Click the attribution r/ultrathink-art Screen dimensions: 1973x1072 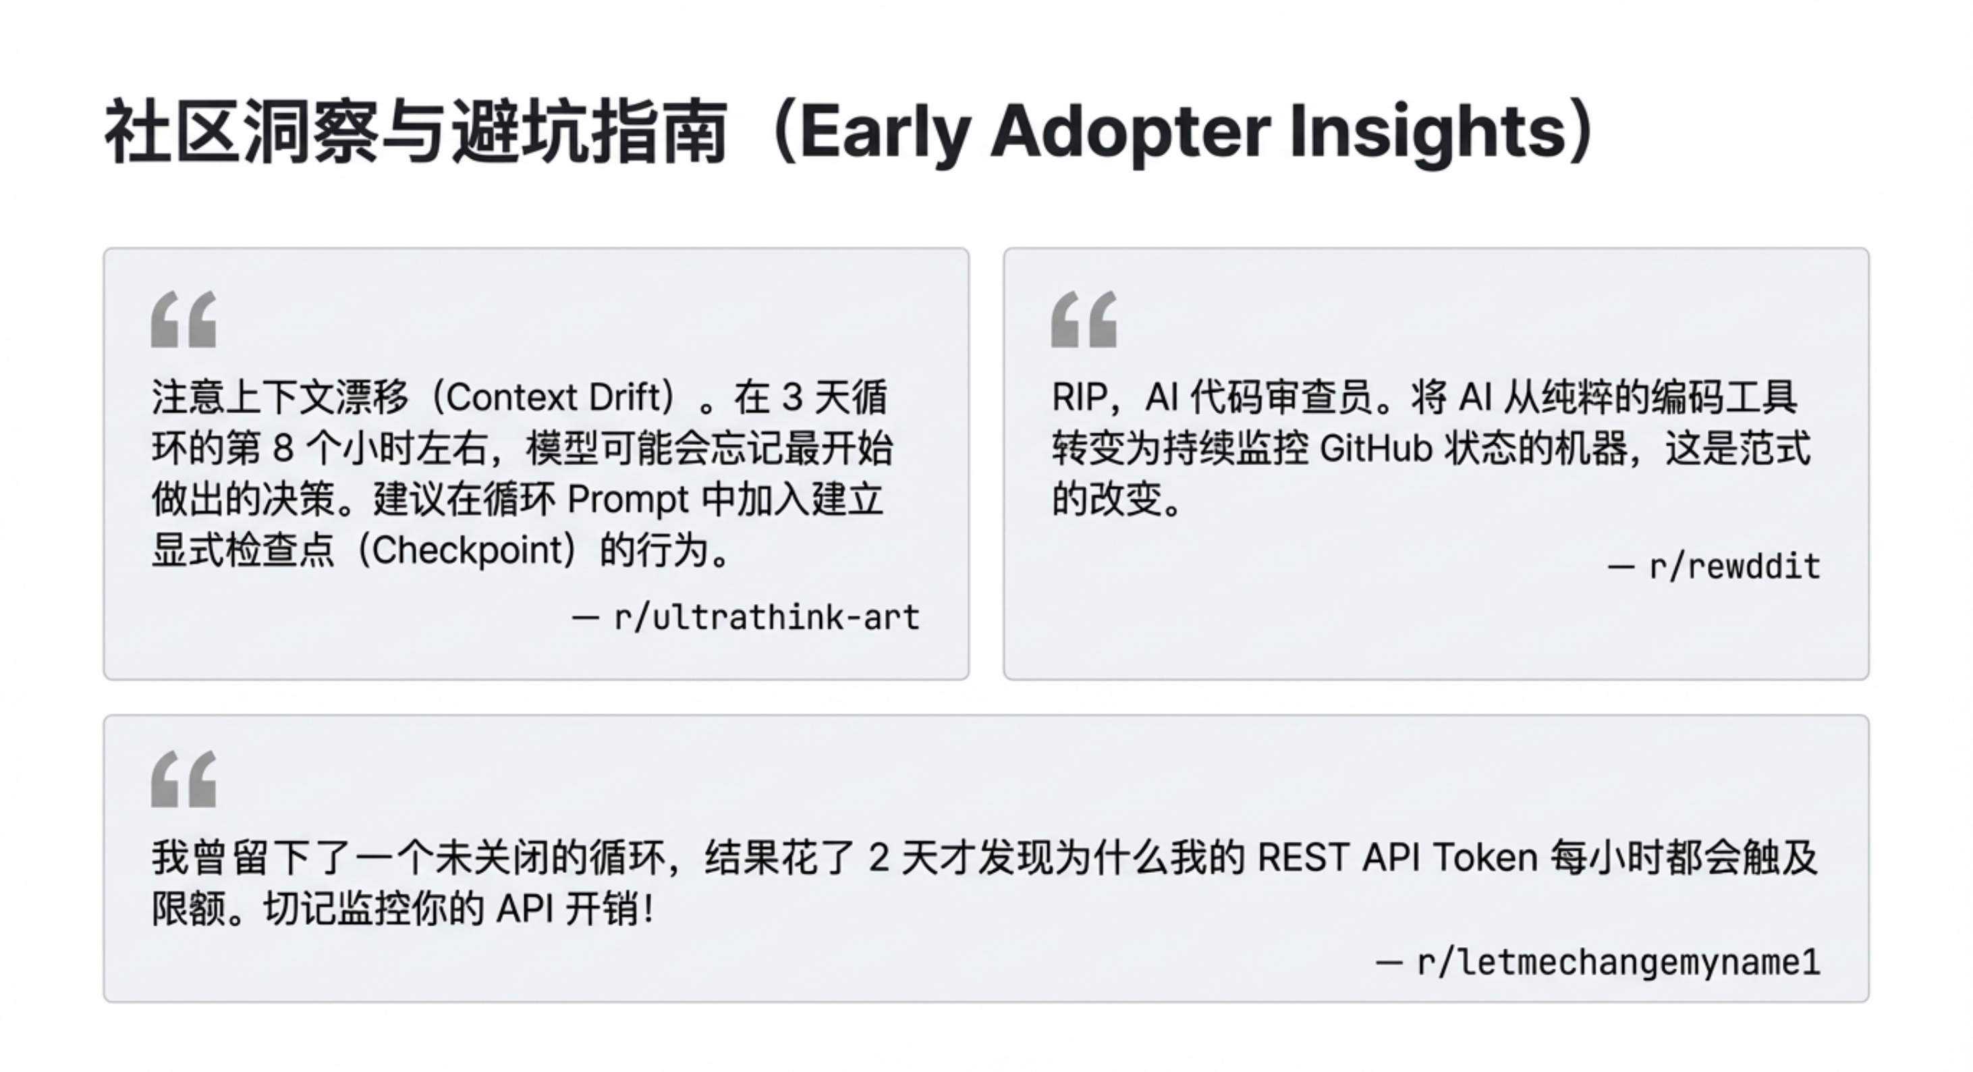(767, 618)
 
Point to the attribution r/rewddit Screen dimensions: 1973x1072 (1735, 567)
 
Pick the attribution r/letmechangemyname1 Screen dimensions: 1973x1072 (1618, 963)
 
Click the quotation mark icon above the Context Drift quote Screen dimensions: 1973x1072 (184, 319)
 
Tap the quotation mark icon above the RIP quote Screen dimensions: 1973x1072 (1084, 319)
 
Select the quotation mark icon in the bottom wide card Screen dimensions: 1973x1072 (184, 778)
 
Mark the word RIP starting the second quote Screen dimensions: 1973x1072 (1080, 398)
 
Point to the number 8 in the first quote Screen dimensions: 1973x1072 (283, 449)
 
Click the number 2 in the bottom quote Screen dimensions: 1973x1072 (879, 857)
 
